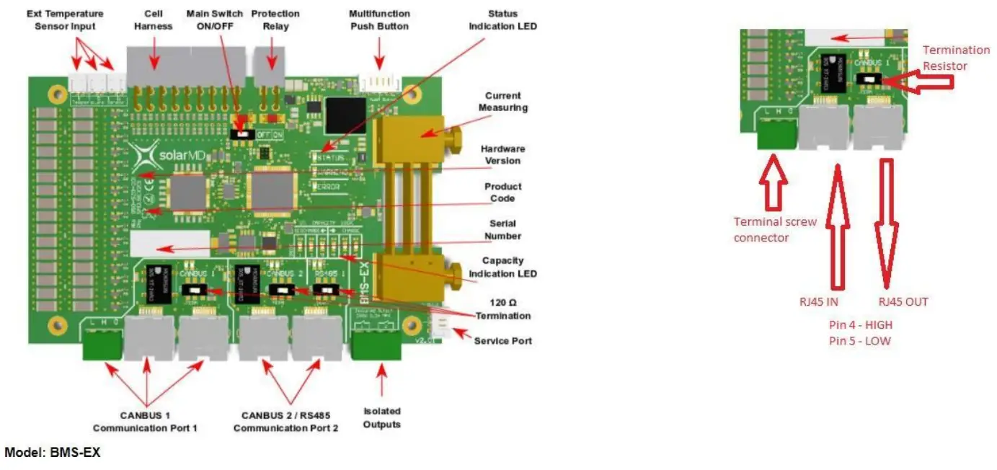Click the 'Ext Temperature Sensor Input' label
[65, 20]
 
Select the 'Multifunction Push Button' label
[378, 20]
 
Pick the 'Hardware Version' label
[502, 155]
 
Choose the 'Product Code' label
[502, 192]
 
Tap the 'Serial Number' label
[502, 230]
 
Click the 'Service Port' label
[502, 340]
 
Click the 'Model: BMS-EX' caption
[53, 453]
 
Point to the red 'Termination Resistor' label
[956, 58]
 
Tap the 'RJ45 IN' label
[819, 302]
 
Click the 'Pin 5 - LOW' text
[859, 340]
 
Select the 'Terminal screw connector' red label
[775, 229]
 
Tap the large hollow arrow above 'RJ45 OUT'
[886, 223]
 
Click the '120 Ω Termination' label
[502, 310]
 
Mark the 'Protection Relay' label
[275, 20]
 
